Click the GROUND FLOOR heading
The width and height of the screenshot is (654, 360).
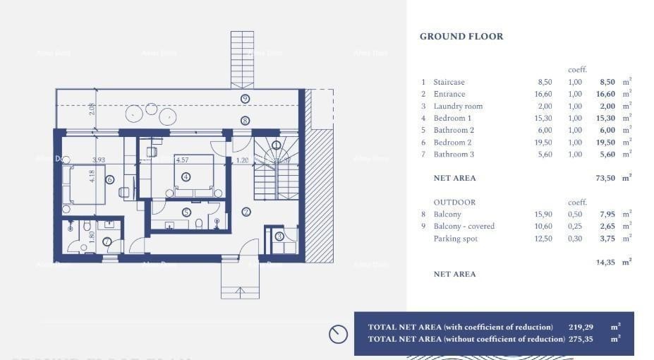click(x=461, y=37)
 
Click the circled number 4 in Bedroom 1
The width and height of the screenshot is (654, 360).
click(x=186, y=177)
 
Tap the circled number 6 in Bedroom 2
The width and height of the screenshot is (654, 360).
click(x=109, y=180)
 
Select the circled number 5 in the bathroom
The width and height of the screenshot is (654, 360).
click(x=186, y=212)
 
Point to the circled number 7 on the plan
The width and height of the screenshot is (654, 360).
click(x=107, y=241)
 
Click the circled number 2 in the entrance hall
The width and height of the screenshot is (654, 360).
click(x=246, y=211)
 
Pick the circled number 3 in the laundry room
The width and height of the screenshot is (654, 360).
click(x=279, y=236)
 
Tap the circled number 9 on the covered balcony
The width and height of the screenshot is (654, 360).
click(x=245, y=99)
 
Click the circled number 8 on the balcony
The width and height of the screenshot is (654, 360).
click(x=245, y=121)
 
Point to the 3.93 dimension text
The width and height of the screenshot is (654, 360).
click(x=98, y=160)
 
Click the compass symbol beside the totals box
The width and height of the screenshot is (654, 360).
click(x=338, y=334)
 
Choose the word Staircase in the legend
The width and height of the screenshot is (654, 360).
click(x=449, y=82)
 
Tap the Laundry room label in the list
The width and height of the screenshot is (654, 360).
click(x=458, y=106)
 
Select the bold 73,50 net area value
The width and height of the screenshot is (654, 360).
click(x=605, y=179)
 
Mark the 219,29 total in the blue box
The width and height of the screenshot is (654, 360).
click(x=581, y=327)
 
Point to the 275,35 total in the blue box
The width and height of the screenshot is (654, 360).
click(x=581, y=339)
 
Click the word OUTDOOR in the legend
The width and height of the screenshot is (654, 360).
click(x=454, y=203)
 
